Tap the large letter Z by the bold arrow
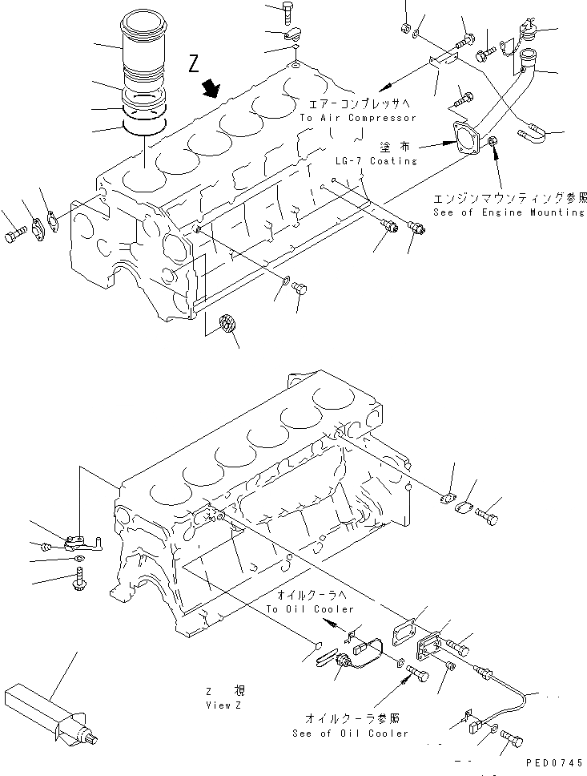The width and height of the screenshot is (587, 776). tap(195, 64)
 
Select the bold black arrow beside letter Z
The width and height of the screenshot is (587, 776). tap(212, 87)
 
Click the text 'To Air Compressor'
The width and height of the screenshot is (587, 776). tap(358, 118)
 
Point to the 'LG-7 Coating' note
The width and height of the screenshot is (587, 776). tap(376, 160)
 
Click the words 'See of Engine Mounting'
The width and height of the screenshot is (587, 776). tap(509, 212)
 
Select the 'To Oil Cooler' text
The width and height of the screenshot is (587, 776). tap(310, 609)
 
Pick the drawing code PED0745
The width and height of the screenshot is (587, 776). tap(550, 766)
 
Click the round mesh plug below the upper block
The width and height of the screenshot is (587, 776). tap(228, 325)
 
